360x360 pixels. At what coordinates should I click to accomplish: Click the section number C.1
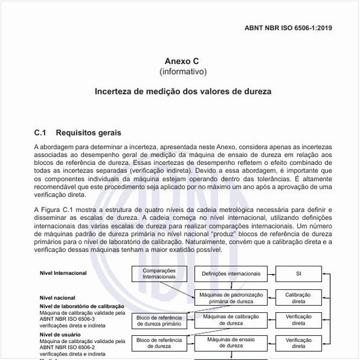pyautogui.click(x=43, y=133)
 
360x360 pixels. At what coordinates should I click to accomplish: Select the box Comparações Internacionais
pyautogui.click(x=154, y=273)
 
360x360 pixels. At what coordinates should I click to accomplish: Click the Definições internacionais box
pyautogui.click(x=230, y=273)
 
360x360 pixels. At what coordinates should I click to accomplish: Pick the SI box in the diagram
pyautogui.click(x=298, y=273)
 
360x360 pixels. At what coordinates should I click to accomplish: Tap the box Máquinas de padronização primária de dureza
pyautogui.click(x=230, y=298)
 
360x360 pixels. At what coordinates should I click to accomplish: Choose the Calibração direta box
pyautogui.click(x=298, y=298)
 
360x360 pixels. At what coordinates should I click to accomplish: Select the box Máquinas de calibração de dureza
pyautogui.click(x=230, y=320)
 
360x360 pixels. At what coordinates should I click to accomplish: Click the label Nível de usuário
pyautogui.click(x=57, y=334)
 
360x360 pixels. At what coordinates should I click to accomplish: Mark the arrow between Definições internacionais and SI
pyautogui.click(x=268, y=273)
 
